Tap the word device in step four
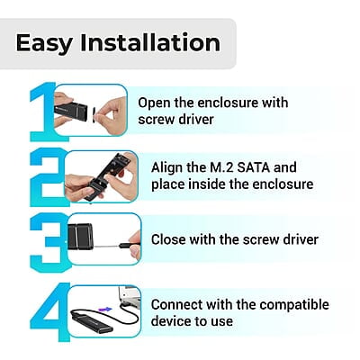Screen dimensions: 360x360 pyautogui.click(x=171, y=321)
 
